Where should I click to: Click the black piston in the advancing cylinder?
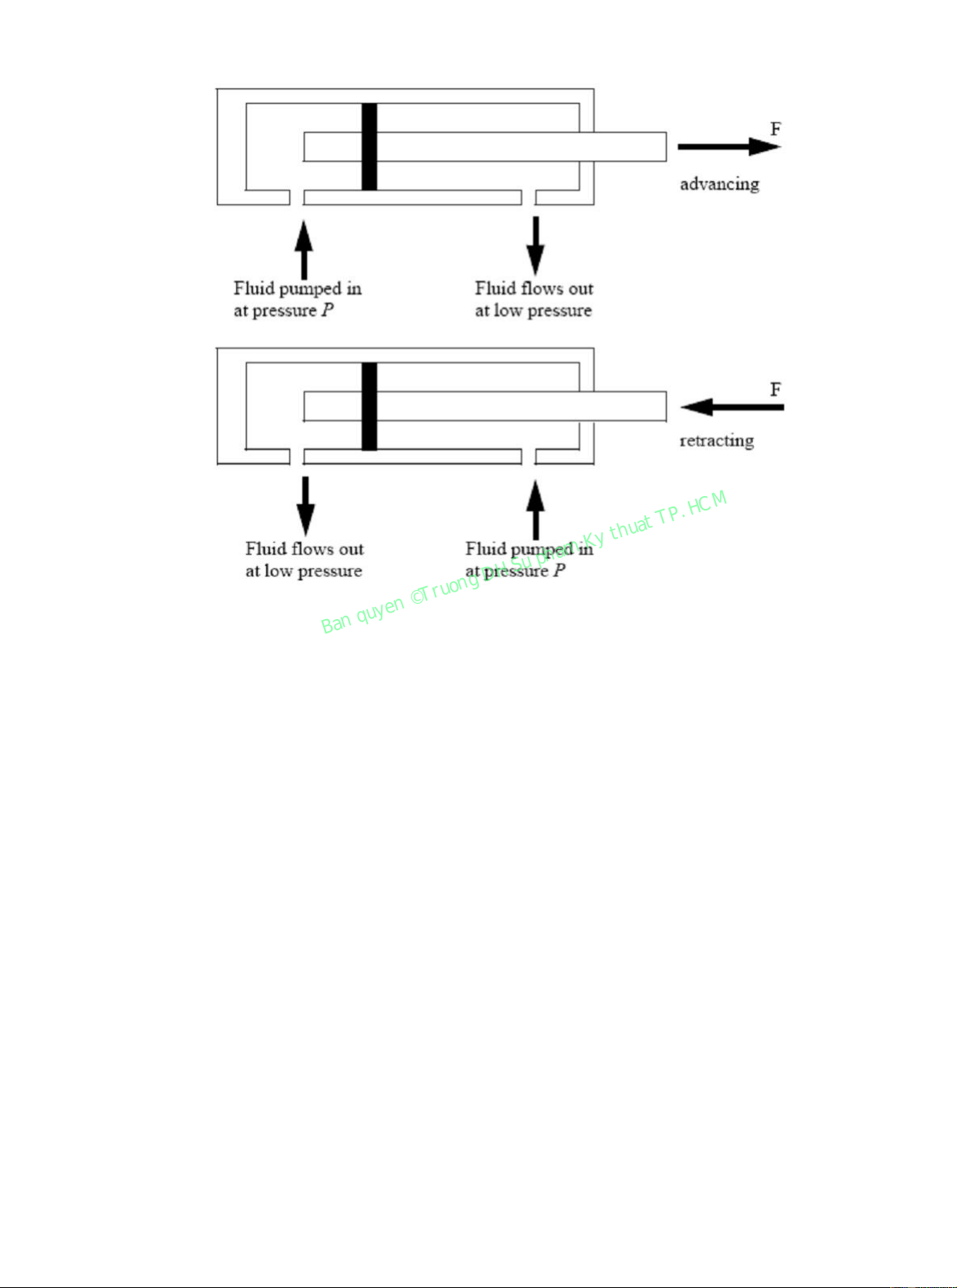(369, 146)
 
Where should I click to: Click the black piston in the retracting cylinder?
(369, 406)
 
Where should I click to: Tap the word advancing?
(719, 184)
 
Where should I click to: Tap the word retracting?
(717, 441)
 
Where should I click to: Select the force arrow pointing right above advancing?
(728, 146)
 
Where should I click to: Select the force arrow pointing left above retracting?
(731, 407)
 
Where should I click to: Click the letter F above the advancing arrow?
(775, 129)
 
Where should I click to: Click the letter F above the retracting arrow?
(775, 389)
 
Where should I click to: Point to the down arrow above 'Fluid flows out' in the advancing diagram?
(535, 245)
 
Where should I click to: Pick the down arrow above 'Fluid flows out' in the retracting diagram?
(305, 506)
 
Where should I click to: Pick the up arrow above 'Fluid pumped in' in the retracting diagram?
(535, 509)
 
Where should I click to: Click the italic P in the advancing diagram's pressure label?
(328, 310)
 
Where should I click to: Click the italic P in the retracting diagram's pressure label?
(559, 571)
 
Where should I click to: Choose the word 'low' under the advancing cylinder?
(508, 310)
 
